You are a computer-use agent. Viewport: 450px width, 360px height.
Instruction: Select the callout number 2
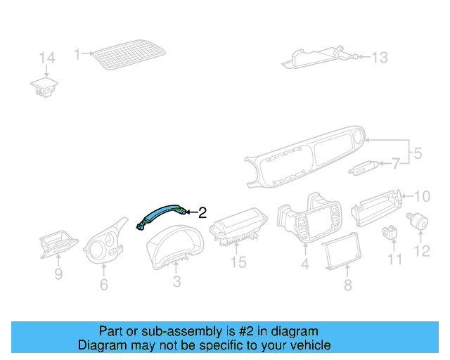pos(202,212)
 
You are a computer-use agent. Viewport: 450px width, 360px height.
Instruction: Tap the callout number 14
pos(46,58)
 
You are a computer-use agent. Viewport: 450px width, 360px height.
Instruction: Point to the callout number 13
pos(380,58)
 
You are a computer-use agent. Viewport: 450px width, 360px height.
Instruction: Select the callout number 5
pos(417,153)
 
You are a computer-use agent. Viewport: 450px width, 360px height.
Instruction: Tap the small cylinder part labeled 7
pos(364,168)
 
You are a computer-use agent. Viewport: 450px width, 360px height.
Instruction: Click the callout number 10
pos(421,196)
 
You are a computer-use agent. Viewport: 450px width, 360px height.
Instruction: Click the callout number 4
pos(305,264)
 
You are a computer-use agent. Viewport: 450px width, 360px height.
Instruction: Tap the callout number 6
pos(103,285)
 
